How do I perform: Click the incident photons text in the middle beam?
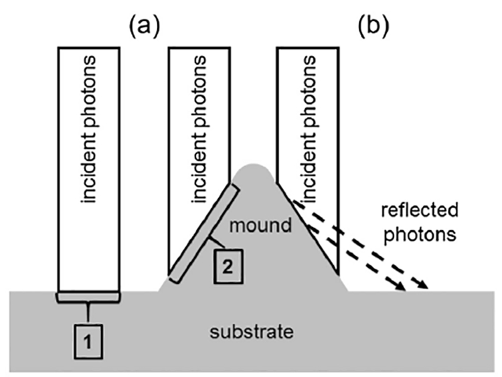(197, 134)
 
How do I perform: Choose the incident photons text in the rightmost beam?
(309, 134)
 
